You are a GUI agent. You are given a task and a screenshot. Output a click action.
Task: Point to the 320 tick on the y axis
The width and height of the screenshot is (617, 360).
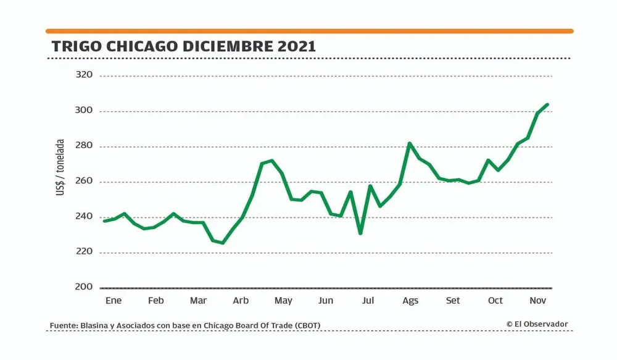[83, 75]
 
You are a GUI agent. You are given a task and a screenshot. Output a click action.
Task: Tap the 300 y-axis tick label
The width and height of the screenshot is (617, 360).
[83, 111]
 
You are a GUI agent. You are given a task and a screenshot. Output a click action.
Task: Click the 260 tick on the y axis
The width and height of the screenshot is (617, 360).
[83, 182]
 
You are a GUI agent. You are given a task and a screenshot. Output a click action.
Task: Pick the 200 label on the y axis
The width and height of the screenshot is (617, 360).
[83, 287]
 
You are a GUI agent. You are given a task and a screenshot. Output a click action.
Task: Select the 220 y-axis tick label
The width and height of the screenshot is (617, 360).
[83, 252]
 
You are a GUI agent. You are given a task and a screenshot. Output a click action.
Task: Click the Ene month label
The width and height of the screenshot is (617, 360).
[114, 301]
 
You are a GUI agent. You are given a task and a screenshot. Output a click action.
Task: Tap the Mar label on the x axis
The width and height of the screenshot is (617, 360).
[198, 301]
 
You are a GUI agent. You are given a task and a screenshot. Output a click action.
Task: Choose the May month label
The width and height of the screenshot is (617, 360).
[283, 301]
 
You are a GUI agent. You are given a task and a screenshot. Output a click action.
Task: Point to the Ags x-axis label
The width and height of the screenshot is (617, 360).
[410, 301]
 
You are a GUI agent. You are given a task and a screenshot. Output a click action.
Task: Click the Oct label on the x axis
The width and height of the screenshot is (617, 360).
[495, 301]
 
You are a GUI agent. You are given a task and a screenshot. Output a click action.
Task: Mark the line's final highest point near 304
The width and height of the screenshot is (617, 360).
[547, 104]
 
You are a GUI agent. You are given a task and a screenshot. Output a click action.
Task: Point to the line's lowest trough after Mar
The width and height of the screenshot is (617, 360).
[223, 243]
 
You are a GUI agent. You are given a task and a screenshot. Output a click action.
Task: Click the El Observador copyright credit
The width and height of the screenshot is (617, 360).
[537, 324]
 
